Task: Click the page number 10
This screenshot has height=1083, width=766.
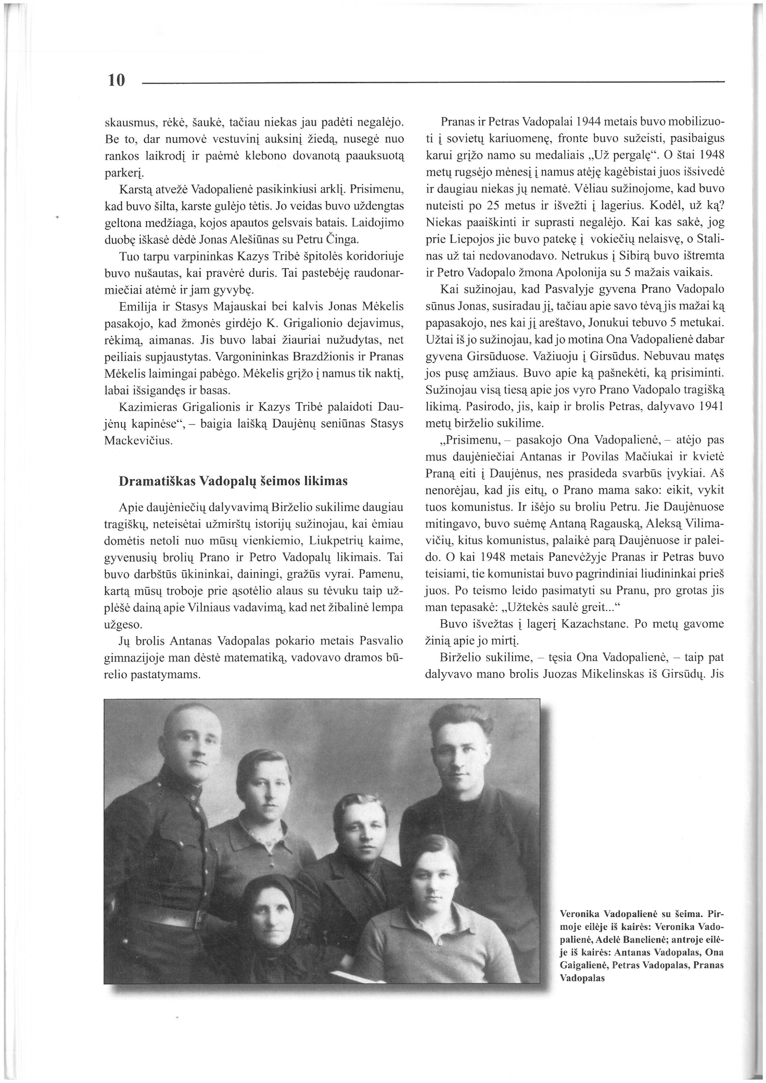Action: pyautogui.click(x=116, y=81)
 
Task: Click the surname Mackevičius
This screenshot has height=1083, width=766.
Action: pyautogui.click(x=138, y=441)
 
